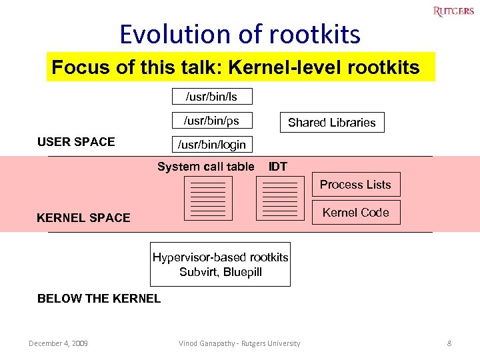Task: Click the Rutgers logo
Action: click(x=453, y=11)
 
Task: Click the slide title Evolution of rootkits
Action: click(x=240, y=34)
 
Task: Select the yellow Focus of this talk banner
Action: click(x=240, y=67)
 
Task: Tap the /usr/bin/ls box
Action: click(x=212, y=97)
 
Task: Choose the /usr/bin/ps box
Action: click(x=212, y=121)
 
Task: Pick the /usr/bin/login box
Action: click(x=212, y=144)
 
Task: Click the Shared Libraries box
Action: click(x=331, y=123)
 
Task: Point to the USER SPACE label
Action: click(x=76, y=141)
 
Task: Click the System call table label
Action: click(x=205, y=167)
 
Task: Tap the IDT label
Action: click(x=278, y=167)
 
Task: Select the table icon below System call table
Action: click(x=208, y=199)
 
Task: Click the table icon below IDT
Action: click(x=280, y=199)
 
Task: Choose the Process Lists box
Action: click(x=356, y=185)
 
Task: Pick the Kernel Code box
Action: click(x=356, y=213)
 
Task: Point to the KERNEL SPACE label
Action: click(x=83, y=217)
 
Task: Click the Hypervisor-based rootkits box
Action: click(x=220, y=265)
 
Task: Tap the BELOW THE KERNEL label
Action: click(x=99, y=299)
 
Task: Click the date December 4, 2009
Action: click(x=58, y=343)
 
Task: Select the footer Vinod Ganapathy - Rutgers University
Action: click(x=239, y=343)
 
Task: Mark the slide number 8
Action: click(x=449, y=343)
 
